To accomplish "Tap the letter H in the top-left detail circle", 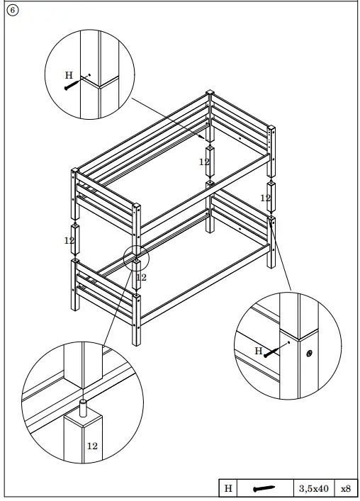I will click(x=69, y=74).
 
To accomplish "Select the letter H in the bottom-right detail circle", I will click(x=258, y=351).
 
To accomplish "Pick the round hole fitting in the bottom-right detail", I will click(x=310, y=352).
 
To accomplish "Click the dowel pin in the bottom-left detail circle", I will click(x=84, y=409).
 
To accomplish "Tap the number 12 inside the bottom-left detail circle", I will click(x=92, y=446).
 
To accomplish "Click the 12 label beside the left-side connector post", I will click(x=69, y=241).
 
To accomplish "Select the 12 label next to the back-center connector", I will click(x=204, y=162).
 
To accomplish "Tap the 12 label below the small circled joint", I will click(x=141, y=277).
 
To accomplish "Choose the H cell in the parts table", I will click(x=228, y=488).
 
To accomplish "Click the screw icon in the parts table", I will click(x=264, y=488).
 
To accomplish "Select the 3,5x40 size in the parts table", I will click(x=313, y=488).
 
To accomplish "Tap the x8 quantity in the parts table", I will click(x=346, y=488).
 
